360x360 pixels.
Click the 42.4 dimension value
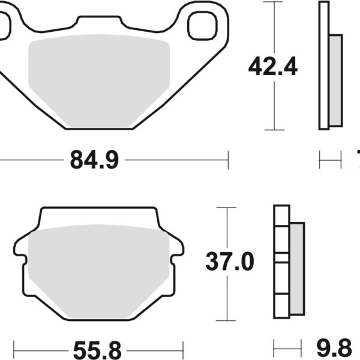tap(274, 67)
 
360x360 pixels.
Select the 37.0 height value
tap(230, 262)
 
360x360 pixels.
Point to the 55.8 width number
tap(97, 348)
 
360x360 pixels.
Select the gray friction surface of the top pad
tap(99, 78)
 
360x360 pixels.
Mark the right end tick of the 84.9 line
tap(228, 160)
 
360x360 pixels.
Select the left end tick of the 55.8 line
tap(14, 348)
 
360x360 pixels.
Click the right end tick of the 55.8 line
tap(182, 348)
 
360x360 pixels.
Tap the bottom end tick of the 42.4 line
tap(274, 130)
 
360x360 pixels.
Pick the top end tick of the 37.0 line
tap(226, 208)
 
